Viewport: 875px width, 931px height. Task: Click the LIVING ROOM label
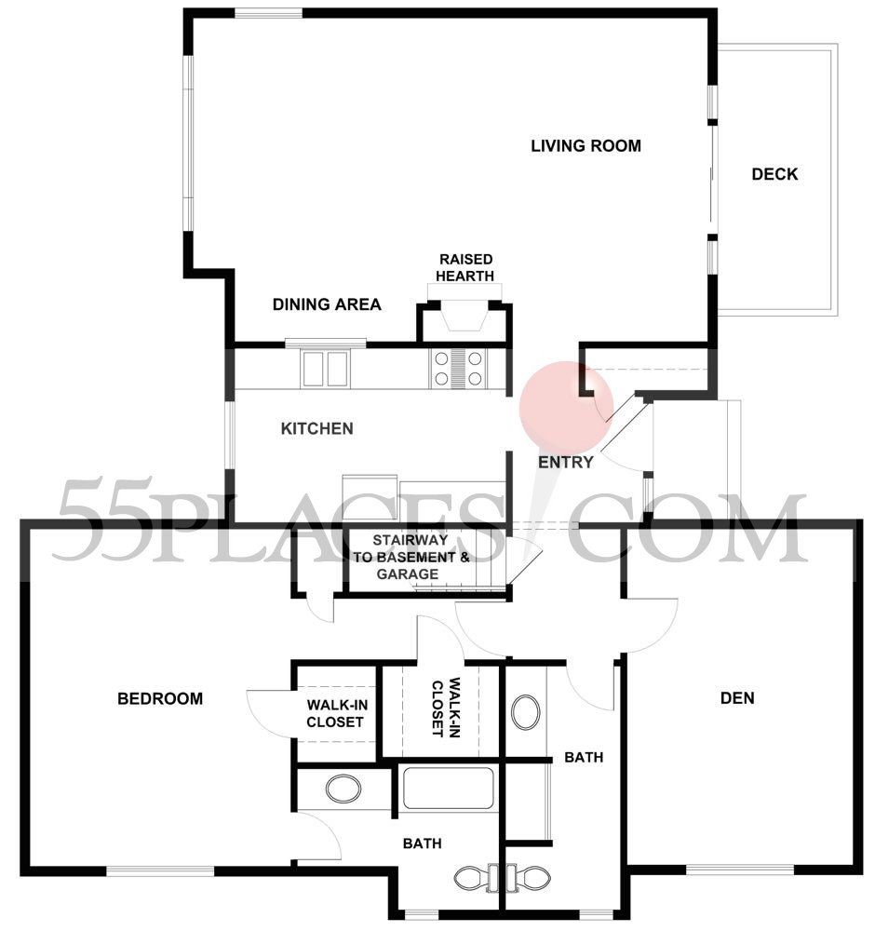point(586,146)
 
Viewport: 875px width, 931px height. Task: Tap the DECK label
point(774,174)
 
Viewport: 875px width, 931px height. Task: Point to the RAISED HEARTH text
point(466,266)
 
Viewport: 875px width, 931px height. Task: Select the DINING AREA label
point(327,304)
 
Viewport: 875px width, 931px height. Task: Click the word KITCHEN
point(316,428)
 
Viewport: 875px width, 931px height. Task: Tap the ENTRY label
point(565,462)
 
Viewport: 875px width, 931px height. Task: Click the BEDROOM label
point(160,698)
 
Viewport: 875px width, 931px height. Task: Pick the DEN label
point(737,698)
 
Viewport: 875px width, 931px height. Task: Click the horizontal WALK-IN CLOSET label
point(335,713)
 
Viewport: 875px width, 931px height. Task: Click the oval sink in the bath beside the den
point(525,713)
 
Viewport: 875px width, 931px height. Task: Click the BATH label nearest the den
point(584,758)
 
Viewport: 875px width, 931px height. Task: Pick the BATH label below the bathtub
point(422,843)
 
